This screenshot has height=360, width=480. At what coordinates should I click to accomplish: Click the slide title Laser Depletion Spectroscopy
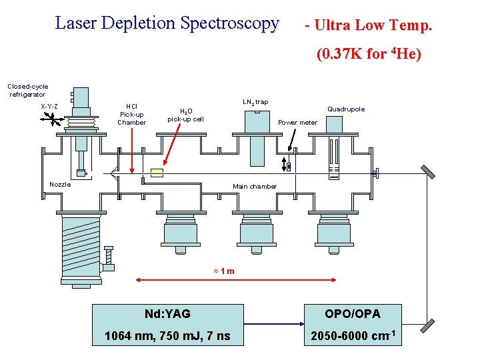(167, 24)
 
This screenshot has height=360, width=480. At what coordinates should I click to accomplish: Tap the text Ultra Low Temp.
(369, 26)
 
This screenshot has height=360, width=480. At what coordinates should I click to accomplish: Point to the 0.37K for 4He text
(369, 53)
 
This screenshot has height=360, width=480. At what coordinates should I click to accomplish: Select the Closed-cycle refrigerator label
(27, 90)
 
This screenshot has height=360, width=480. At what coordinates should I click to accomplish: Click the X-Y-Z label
(49, 107)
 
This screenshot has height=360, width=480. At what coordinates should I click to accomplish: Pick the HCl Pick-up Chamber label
(131, 114)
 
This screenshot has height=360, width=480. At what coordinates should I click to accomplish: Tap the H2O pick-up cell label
(185, 115)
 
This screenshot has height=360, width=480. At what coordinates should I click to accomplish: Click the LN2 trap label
(255, 102)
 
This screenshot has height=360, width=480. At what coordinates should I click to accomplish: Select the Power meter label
(297, 123)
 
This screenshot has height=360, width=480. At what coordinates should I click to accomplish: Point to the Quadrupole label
(346, 109)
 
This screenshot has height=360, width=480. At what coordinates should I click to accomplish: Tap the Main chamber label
(254, 187)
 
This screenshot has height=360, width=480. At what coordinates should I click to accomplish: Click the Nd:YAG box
(167, 313)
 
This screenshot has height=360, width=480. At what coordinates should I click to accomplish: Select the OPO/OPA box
(352, 313)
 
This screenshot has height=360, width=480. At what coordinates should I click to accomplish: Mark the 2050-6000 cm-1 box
(352, 336)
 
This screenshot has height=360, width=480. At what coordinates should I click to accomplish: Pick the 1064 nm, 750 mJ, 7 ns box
(167, 336)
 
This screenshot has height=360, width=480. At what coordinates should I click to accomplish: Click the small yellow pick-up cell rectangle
(157, 172)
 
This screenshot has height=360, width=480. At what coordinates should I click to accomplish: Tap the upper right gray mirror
(428, 172)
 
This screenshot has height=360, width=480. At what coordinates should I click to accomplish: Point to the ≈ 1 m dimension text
(223, 271)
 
